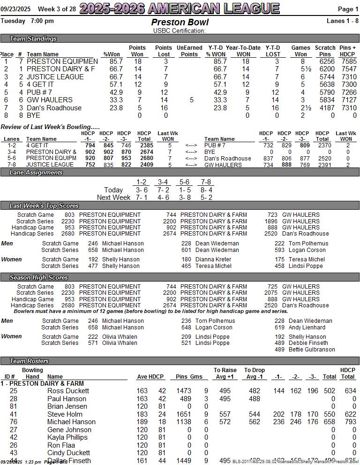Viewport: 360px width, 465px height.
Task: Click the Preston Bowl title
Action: click(x=180, y=23)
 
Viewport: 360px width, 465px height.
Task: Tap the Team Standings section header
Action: click(x=33, y=38)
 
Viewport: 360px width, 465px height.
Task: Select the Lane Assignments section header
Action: click(x=36, y=172)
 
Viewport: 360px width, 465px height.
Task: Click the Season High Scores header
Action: click(x=39, y=278)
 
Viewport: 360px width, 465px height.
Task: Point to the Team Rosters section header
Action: click(x=29, y=361)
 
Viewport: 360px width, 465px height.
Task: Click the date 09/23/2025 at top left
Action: click(x=15, y=9)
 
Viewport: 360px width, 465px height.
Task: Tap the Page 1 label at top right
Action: click(x=348, y=9)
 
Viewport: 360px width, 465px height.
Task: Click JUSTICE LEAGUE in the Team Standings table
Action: click(x=55, y=77)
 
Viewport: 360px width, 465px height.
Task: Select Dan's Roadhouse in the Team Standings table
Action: click(x=54, y=107)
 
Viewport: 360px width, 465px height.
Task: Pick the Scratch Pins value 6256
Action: click(x=327, y=61)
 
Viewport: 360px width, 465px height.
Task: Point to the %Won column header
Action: click(x=112, y=54)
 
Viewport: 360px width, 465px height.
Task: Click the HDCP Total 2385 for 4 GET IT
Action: click(x=144, y=145)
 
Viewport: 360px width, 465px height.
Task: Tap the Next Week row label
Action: click(x=113, y=198)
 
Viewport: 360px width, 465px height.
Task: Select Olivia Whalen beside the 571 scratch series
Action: click(x=120, y=343)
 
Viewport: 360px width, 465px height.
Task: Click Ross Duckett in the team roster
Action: click(x=68, y=391)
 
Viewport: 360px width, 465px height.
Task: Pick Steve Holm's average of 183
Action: click(x=142, y=414)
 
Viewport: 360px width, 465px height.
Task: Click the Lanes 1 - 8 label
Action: click(x=342, y=21)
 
